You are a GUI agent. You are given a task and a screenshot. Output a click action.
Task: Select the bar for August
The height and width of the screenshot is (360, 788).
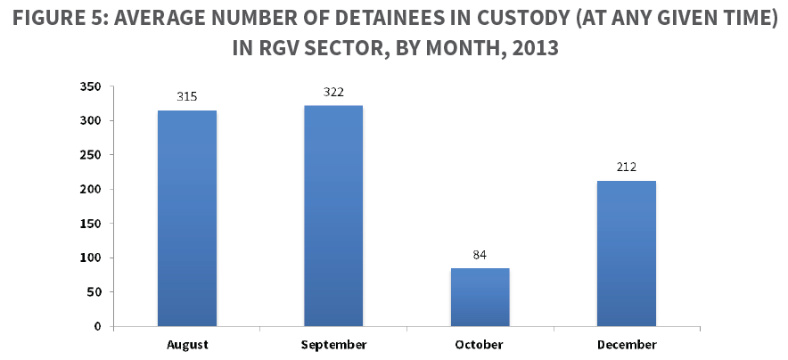pyautogui.click(x=187, y=218)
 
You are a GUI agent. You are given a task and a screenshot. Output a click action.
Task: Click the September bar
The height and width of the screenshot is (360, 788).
pyautogui.click(x=333, y=216)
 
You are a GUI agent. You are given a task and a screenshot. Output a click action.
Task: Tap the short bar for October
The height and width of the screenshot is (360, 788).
pyautogui.click(x=480, y=297)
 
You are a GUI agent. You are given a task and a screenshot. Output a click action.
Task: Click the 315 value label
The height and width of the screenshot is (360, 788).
pyautogui.click(x=187, y=96)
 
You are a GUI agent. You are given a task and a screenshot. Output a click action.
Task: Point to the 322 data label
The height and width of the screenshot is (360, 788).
pyautogui.click(x=333, y=92)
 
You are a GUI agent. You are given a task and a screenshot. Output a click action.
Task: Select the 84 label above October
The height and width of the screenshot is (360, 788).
pyautogui.click(x=480, y=255)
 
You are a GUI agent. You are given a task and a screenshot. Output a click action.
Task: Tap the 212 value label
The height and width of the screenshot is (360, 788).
pyautogui.click(x=626, y=167)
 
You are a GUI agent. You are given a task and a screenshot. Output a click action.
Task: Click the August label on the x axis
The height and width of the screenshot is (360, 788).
pyautogui.click(x=187, y=344)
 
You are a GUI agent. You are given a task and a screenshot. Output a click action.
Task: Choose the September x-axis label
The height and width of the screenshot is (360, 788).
pyautogui.click(x=333, y=344)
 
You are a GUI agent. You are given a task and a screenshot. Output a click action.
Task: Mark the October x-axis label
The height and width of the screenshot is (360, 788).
pyautogui.click(x=480, y=344)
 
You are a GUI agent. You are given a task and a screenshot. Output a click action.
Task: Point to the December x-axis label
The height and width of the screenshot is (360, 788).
pyautogui.click(x=626, y=344)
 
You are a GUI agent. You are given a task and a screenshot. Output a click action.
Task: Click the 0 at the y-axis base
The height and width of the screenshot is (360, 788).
pyautogui.click(x=98, y=326)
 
